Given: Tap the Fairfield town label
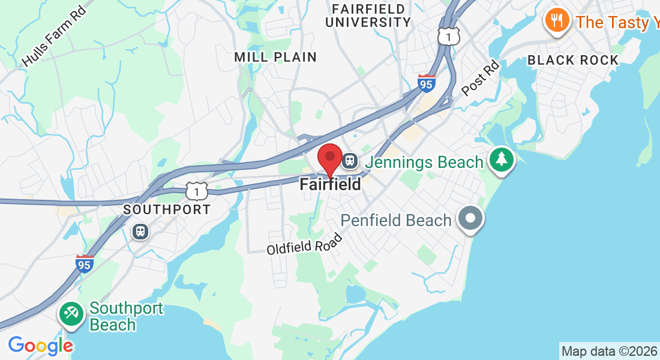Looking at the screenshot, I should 331,184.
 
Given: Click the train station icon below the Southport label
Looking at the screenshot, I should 140,231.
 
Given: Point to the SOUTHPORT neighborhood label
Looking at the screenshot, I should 167,210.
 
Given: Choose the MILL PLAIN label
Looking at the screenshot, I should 275,58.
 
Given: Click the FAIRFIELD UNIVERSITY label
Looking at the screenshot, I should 371,16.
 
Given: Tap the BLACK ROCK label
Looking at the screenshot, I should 572,60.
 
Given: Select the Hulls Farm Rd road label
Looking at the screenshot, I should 54,38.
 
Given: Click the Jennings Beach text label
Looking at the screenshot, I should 424,162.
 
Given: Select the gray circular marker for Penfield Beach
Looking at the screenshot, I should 470,218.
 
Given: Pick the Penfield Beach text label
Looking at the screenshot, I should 396,220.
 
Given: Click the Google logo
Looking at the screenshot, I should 40,346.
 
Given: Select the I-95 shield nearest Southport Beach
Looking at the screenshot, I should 85,263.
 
